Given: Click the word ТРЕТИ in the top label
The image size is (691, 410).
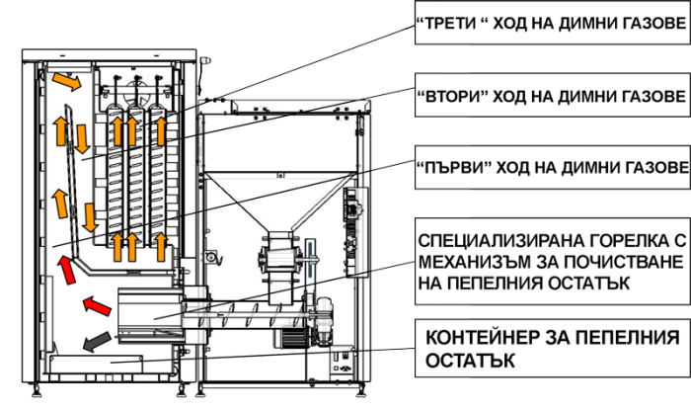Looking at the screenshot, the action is [451, 23].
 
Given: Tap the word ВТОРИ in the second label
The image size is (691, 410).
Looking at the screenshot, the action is [451, 96].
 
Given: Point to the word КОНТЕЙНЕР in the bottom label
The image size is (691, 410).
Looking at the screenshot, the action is [483, 338].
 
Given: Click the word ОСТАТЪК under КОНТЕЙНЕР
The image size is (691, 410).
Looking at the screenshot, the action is [470, 361].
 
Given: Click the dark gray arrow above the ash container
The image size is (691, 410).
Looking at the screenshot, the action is [97, 342].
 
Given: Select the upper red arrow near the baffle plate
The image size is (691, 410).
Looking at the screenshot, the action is [67, 270].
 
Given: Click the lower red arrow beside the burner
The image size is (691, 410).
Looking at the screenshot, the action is [97, 305].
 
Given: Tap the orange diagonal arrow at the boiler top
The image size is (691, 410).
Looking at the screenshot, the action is [66, 82].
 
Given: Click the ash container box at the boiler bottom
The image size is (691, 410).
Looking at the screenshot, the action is [97, 364].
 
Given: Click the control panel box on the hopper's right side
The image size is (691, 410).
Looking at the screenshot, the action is [355, 232].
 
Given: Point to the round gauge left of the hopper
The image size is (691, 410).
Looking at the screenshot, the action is [211, 256].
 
